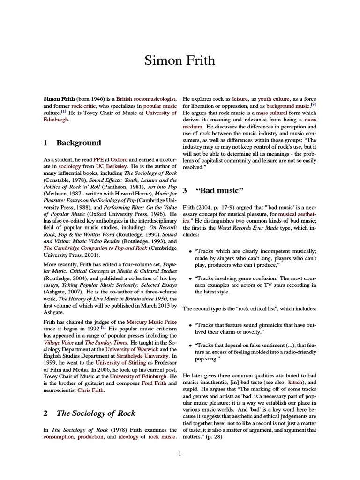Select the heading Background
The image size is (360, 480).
[78, 143]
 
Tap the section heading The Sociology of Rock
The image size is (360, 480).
[96, 413]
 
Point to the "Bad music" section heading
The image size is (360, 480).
[220, 190]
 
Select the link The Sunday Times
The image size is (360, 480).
[101, 343]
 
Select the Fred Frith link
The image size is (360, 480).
[153, 383]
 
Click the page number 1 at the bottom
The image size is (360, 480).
[180, 453]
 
